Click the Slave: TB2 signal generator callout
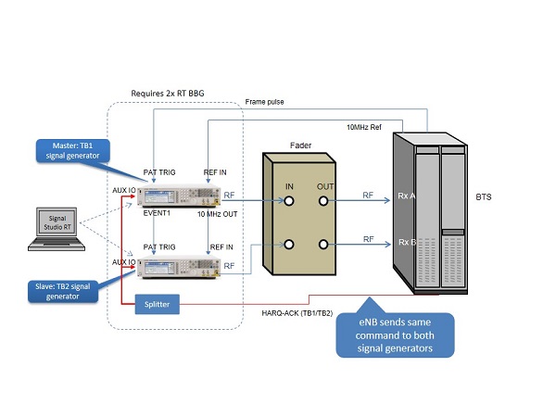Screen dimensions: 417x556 [62, 289]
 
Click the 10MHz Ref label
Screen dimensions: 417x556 [365, 126]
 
